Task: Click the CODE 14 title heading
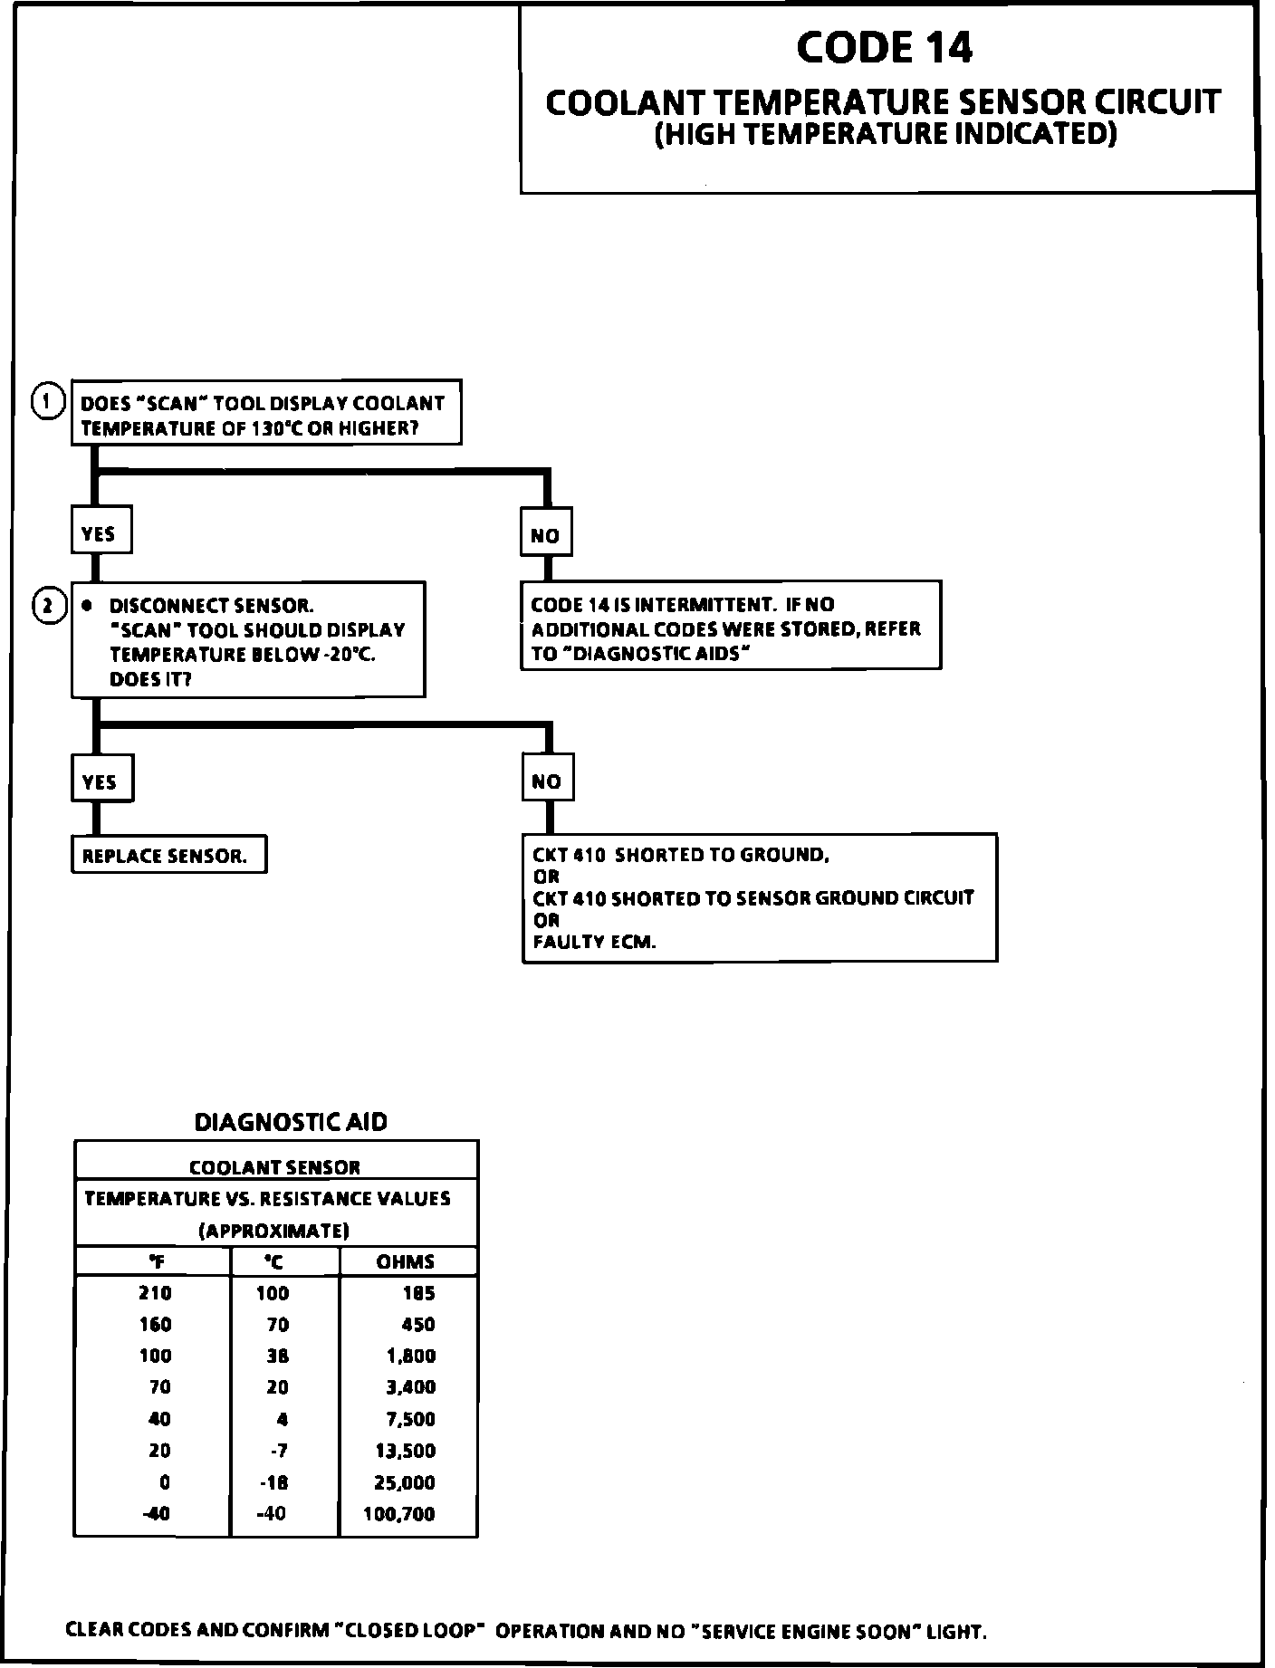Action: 885,48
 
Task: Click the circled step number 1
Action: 47,401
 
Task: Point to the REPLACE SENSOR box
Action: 168,856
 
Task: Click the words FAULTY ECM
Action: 594,942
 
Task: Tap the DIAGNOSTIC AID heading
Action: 291,1123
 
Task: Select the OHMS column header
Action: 406,1261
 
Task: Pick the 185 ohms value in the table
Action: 419,1293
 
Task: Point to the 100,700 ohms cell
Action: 399,1514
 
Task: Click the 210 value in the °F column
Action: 155,1293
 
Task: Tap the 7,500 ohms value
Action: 411,1419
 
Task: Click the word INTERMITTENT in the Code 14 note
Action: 707,605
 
